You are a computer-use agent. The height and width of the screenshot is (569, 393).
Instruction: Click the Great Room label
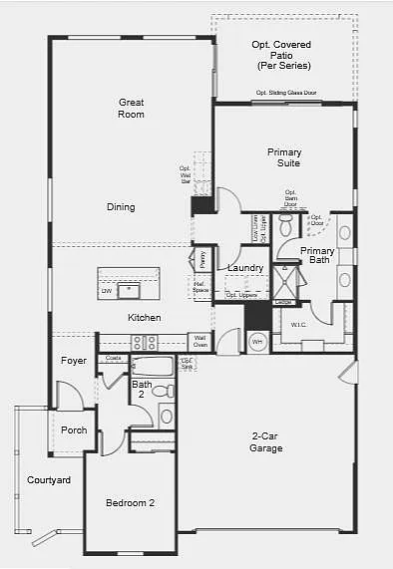[x=132, y=108]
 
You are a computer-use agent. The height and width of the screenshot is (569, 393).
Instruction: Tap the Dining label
[x=121, y=207]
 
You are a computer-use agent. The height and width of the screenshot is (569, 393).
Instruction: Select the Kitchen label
[x=144, y=318]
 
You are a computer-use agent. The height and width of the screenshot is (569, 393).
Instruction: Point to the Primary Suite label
[x=284, y=157]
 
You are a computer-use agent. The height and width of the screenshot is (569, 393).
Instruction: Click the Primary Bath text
[x=318, y=255]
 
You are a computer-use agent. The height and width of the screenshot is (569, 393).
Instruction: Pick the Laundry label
[x=244, y=268]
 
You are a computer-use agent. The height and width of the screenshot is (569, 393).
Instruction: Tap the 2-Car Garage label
[x=266, y=442]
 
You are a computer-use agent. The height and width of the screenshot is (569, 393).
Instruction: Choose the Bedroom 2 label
[x=130, y=503]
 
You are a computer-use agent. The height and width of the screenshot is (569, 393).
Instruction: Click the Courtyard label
[x=48, y=480]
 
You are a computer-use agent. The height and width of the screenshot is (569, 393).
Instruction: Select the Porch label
[x=74, y=430]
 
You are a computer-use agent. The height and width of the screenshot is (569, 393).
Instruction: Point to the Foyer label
[x=73, y=360]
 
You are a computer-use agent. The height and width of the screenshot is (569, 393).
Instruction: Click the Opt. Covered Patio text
[x=283, y=56]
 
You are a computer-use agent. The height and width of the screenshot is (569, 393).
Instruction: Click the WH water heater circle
[x=256, y=342]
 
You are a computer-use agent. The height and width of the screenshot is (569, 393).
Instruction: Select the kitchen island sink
[x=128, y=291]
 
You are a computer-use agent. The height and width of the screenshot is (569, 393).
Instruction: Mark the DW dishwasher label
[x=106, y=292]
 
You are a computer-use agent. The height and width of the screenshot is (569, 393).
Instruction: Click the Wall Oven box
[x=199, y=342]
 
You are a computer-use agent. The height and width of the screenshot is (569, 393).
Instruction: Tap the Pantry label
[x=201, y=260]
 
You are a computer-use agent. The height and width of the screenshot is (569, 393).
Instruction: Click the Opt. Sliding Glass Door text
[x=286, y=94]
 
